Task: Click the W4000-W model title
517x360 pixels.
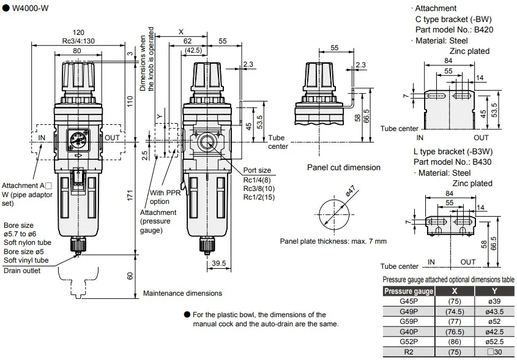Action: [x=30, y=8]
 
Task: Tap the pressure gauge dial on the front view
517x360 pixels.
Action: [x=78, y=140]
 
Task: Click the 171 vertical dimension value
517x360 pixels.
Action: [x=130, y=195]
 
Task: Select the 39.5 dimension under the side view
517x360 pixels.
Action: [x=219, y=263]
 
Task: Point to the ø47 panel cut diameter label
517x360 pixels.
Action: [x=351, y=191]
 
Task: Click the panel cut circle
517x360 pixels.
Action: [x=334, y=200]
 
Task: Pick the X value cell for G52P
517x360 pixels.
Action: [x=455, y=342]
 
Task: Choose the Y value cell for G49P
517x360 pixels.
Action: [x=494, y=311]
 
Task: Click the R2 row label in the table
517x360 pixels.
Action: [x=409, y=352]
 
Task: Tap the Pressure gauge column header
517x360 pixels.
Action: [x=409, y=291]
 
